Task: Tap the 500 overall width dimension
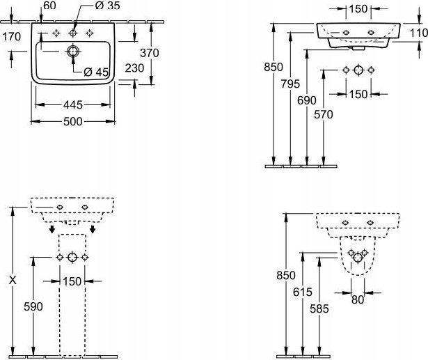click(72, 121)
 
